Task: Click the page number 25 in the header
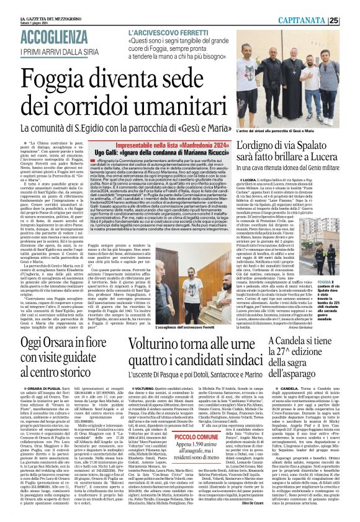(x=351, y=20)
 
